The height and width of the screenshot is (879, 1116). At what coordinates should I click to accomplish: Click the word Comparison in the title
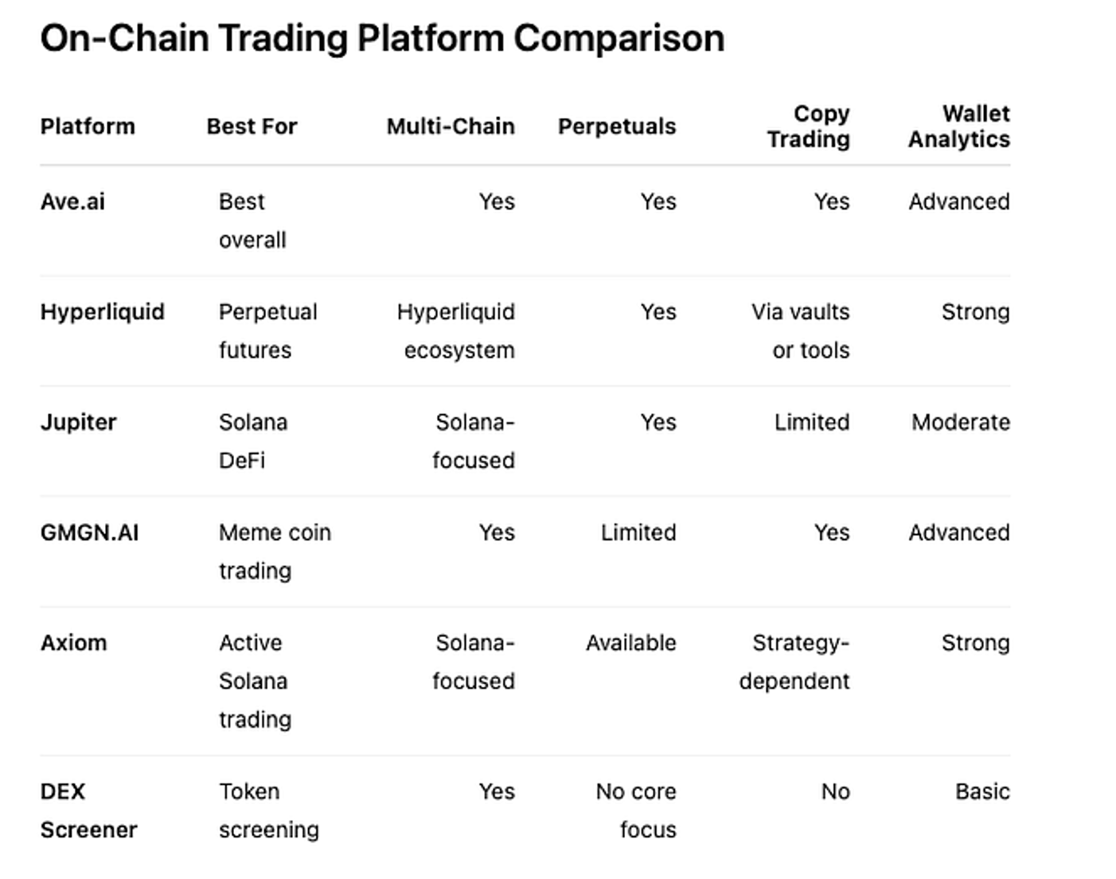tap(618, 38)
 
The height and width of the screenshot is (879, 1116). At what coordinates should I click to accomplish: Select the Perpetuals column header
tap(617, 127)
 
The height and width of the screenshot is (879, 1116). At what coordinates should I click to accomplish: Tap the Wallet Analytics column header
tap(959, 127)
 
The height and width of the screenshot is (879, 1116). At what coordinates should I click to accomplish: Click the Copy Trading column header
tap(809, 127)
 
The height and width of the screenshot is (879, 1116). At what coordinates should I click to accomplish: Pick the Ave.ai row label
tap(72, 202)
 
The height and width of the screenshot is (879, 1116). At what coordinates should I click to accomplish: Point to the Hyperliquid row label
tap(102, 312)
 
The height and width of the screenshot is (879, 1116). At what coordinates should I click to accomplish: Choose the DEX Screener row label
tap(88, 811)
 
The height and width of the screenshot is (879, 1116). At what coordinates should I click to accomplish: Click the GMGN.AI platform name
tap(89, 533)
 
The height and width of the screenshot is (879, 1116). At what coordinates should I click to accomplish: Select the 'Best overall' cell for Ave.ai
tap(252, 221)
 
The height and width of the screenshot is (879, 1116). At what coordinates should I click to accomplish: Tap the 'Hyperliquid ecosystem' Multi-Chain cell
tap(456, 331)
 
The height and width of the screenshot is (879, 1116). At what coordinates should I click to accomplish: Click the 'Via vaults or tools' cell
tap(801, 331)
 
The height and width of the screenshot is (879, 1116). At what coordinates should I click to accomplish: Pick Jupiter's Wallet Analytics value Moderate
tap(961, 422)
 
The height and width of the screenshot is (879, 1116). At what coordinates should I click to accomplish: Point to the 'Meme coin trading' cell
tap(275, 552)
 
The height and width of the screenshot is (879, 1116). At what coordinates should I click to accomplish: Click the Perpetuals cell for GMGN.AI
tap(638, 533)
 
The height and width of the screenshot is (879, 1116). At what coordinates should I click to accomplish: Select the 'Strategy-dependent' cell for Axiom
tap(794, 662)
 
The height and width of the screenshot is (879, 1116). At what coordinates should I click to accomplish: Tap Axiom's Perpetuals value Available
tap(631, 643)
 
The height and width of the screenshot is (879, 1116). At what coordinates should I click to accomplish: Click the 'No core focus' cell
tap(636, 811)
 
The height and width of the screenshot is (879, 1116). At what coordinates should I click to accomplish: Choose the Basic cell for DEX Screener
tap(983, 792)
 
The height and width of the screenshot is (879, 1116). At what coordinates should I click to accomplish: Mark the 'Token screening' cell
tap(268, 811)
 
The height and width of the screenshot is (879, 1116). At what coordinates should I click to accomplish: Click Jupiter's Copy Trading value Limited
tap(812, 422)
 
